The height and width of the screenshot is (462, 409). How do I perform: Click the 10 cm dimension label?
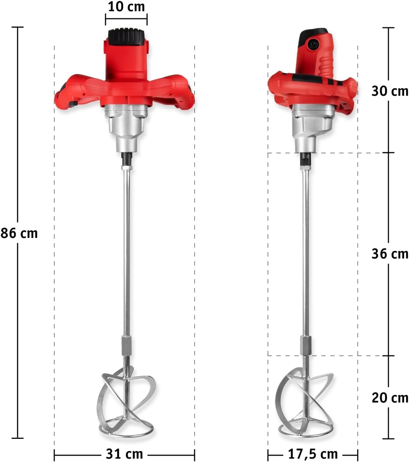click(x=126, y=7)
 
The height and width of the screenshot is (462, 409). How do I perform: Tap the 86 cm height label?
click(x=19, y=233)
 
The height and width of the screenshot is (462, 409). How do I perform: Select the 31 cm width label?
click(x=124, y=447)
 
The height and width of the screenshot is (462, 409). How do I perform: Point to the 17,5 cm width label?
click(x=313, y=447)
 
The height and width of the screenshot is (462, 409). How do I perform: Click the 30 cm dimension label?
click(x=390, y=91)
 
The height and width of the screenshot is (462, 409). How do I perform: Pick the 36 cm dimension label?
click(x=390, y=254)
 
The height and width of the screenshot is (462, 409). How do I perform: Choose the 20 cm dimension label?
click(x=390, y=398)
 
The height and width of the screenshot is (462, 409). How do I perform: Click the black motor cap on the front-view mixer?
click(x=126, y=37)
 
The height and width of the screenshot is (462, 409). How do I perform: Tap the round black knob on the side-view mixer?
click(x=312, y=43)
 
